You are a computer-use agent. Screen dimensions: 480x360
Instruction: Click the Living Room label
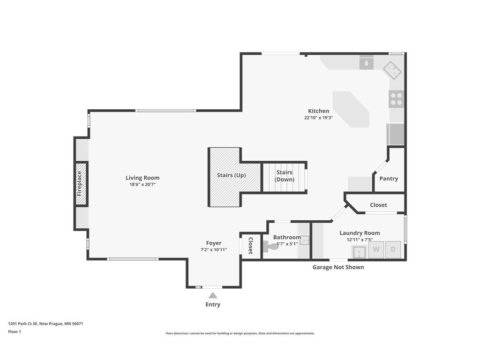142,178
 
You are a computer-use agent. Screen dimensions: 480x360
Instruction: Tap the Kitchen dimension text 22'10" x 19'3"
318,118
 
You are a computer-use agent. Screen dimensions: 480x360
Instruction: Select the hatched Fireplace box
81,184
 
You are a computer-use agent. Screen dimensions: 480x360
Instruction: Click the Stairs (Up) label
232,175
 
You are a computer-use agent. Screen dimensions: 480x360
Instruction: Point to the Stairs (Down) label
285,176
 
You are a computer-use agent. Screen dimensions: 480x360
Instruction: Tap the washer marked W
376,249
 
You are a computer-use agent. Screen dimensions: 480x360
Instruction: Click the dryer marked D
393,249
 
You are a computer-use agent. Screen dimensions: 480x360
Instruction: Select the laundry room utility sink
360,252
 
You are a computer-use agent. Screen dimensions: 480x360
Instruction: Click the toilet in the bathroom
270,247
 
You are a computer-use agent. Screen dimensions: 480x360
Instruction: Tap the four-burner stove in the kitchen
397,99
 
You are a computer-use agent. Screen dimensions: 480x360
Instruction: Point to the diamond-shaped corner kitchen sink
392,70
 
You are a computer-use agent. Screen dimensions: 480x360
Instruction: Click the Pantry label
389,179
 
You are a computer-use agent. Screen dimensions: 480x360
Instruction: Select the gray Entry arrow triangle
213,295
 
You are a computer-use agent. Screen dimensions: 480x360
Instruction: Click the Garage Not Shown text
338,267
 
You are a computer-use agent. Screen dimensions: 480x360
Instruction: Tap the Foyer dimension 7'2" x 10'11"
214,249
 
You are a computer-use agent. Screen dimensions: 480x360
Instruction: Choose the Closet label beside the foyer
250,246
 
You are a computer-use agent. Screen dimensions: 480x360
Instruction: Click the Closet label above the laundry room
378,205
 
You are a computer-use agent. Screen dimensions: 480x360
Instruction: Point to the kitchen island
351,109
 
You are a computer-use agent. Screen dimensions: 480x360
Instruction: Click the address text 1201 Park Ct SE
23,323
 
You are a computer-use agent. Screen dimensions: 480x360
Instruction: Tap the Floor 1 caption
15,331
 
